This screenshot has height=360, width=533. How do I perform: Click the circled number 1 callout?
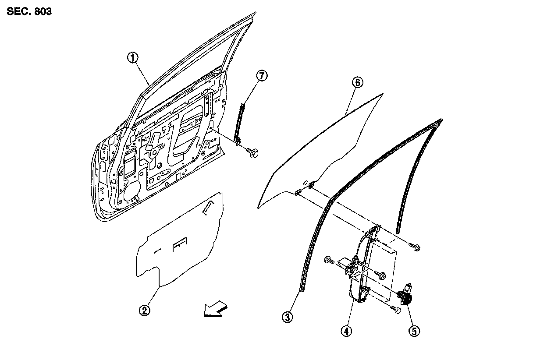pos(133,58)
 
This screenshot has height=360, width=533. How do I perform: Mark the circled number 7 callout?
pos(261,76)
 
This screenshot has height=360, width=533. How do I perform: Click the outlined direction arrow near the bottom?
pos(214,310)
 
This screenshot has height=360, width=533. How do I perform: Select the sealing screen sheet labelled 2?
pos(180,245)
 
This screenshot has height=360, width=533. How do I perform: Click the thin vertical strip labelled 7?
pos(239,123)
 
